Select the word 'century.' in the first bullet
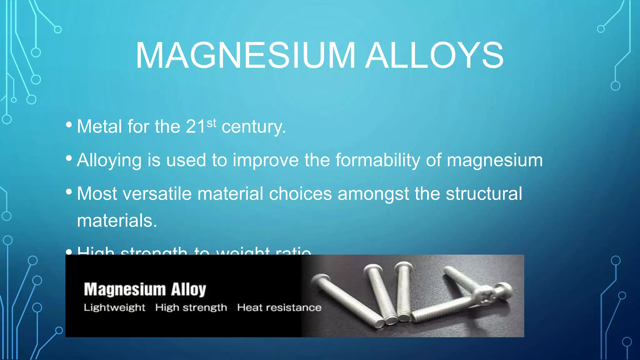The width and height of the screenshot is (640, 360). pos(254,127)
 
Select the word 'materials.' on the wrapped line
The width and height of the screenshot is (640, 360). pos(117,221)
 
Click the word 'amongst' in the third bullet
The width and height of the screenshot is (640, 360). pos(373,194)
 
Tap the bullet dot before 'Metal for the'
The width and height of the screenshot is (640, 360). pos(69,125)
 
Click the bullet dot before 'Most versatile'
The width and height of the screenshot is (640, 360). pos(69,192)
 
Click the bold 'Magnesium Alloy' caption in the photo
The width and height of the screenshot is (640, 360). pos(145,289)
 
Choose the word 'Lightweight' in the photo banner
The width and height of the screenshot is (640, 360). pos(114,307)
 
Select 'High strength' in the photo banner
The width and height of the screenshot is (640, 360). pos(191,307)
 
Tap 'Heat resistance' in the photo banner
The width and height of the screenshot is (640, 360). pos(279,307)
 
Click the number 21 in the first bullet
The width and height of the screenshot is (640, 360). pos(196,127)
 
